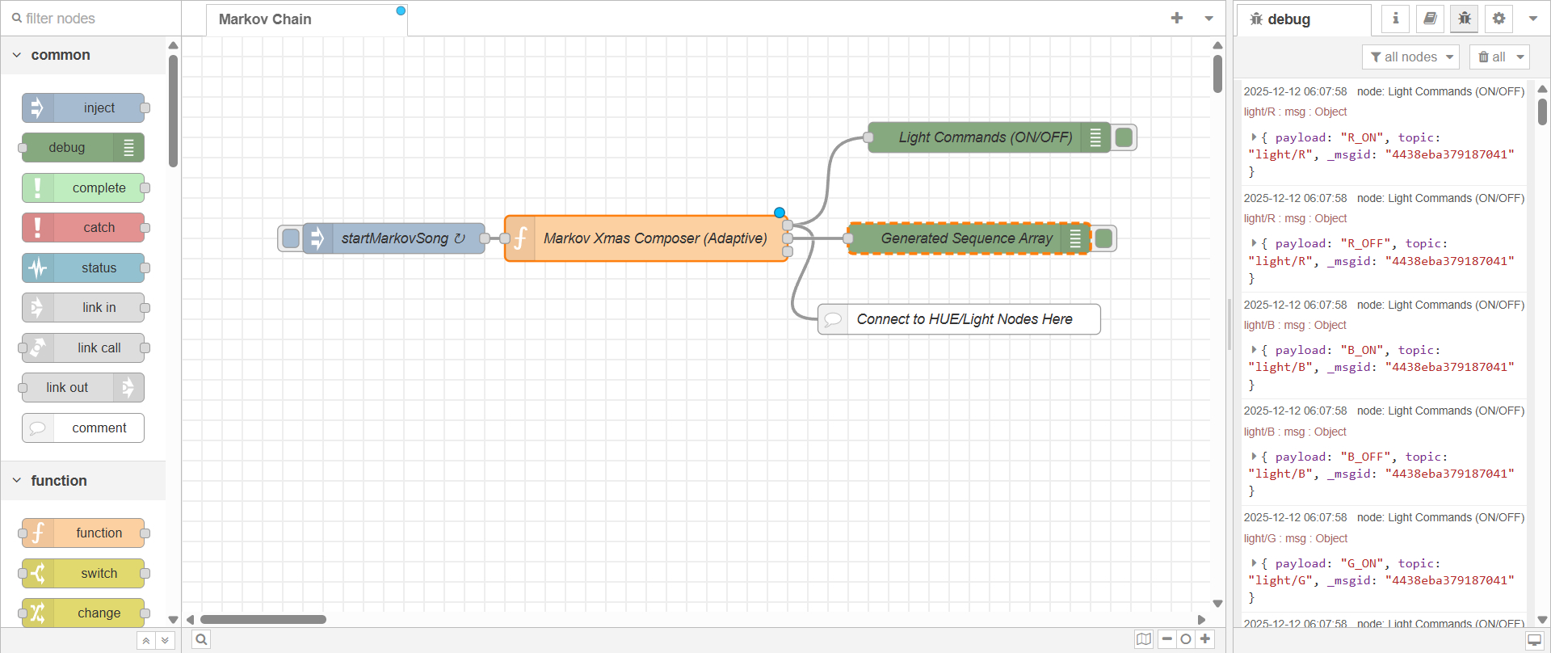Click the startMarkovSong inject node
tap(394, 238)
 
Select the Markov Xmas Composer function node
tap(654, 238)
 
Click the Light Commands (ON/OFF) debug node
tap(985, 137)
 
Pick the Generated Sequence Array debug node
tap(966, 238)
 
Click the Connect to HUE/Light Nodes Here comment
tap(964, 319)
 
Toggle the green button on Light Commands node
tap(1124, 137)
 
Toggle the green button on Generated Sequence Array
tap(1103, 238)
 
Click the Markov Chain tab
tap(265, 19)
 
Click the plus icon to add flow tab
tap(1177, 18)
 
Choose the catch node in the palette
tap(84, 228)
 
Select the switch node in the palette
tap(84, 573)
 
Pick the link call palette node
tap(84, 348)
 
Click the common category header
tap(61, 55)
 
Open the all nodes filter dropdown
tap(1411, 57)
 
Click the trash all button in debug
tap(1491, 57)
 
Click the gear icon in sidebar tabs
tap(1498, 18)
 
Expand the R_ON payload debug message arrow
tap(1254, 137)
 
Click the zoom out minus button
tap(1166, 639)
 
